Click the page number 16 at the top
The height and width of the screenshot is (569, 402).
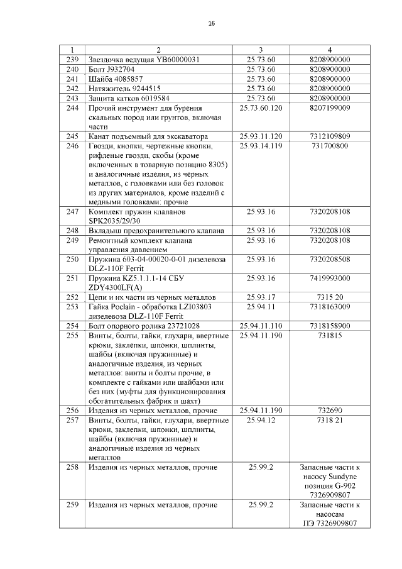pos(211,24)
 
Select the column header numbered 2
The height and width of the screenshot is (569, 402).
pos(158,50)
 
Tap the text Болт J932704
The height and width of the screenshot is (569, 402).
pos(112,69)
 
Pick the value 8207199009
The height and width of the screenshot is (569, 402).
pos(330,108)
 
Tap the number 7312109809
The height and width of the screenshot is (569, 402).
pos(330,136)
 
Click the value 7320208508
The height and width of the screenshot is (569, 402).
pos(330,259)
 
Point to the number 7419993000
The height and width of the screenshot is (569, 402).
pos(330,278)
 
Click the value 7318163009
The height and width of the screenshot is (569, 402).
pos(330,306)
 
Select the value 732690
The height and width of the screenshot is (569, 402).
pos(330,411)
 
